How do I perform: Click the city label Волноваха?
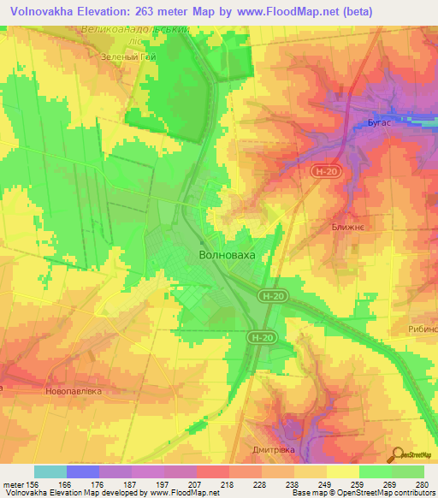227,255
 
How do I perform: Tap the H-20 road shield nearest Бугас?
322,173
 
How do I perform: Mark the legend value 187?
131,485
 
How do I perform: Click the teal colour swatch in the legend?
50,471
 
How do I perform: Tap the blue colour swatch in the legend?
83,471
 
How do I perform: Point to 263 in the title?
158,10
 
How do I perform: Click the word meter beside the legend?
13,485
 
